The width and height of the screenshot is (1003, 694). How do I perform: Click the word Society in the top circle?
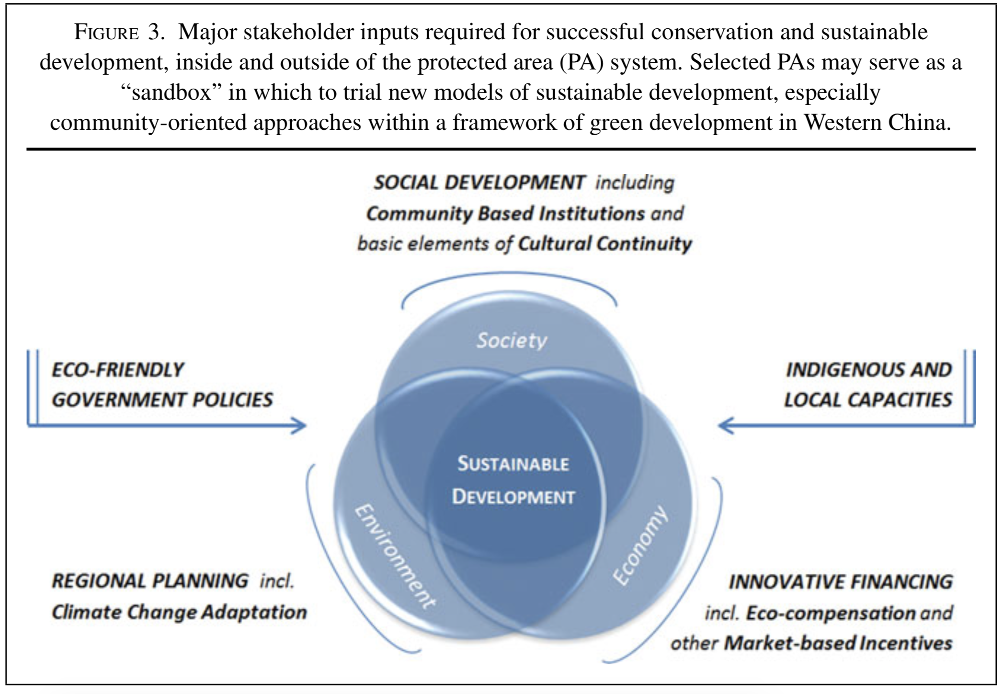(511, 341)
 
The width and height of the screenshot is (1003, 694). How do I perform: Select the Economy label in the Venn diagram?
(640, 546)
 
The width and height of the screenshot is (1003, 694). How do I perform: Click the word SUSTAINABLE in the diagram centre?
(513, 464)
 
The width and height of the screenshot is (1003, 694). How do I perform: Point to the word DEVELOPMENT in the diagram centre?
(513, 497)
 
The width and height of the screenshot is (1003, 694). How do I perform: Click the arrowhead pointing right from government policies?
(300, 425)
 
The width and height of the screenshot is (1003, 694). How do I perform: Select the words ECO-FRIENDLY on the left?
(118, 370)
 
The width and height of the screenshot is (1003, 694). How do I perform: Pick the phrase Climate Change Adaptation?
(179, 612)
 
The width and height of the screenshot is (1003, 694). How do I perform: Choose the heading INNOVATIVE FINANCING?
(841, 582)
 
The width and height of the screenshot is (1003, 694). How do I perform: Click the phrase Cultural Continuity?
(605, 244)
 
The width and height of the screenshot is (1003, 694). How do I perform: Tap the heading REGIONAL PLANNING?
(150, 581)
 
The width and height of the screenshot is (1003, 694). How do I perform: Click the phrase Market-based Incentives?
(838, 643)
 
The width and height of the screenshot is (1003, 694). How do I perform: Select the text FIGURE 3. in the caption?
(119, 33)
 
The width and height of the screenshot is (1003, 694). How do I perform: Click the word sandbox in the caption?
(171, 93)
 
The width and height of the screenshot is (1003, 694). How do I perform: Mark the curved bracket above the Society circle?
(509, 276)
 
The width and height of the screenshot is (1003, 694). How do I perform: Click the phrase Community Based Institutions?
(505, 214)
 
